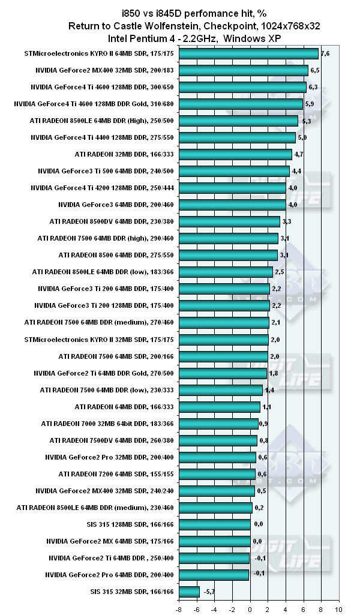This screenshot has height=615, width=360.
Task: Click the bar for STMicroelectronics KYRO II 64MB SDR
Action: coord(248,53)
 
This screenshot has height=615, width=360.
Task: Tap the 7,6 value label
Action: coord(325,53)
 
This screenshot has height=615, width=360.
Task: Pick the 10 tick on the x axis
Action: coord(339,608)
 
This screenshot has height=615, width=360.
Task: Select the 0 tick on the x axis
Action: coord(250,608)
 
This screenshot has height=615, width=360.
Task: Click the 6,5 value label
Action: coord(315,70)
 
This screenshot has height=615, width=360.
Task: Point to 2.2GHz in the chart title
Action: coord(204,38)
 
